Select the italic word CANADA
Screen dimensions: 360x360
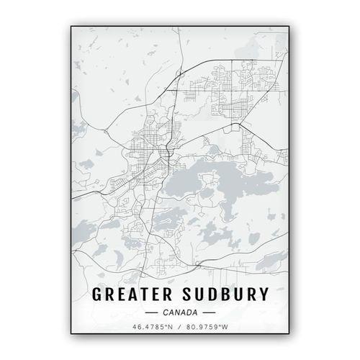click(x=180, y=312)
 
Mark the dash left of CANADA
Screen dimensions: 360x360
click(x=151, y=313)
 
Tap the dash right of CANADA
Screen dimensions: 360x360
click(x=209, y=313)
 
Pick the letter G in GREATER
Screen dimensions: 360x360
click(x=97, y=294)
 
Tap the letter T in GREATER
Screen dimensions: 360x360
click(x=141, y=294)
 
